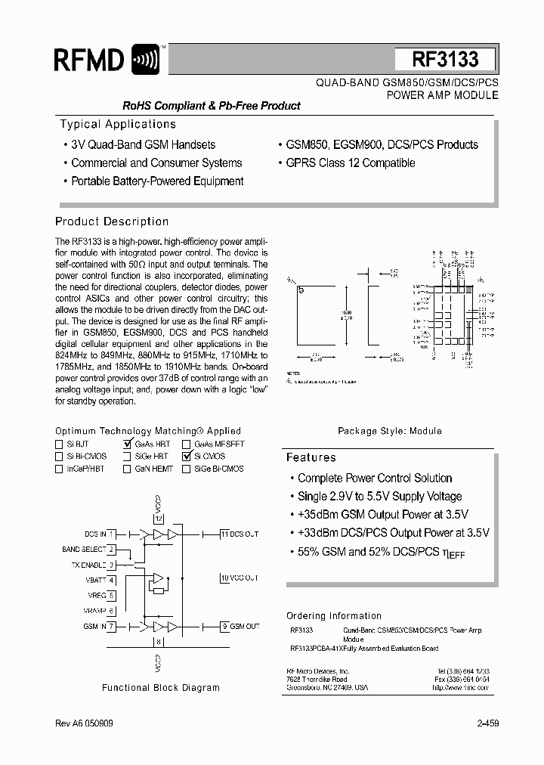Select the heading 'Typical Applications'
coord(118,124)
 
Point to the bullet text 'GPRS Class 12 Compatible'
coord(350,163)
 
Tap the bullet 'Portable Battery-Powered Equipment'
coord(156,181)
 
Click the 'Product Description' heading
coord(112,221)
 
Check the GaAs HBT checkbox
coord(127,444)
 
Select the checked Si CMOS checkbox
coord(186,457)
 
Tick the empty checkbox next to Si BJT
coord(59,444)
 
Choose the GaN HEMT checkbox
coord(127,469)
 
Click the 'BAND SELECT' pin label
coord(84,550)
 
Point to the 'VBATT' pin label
coord(95,580)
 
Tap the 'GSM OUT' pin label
coord(245,626)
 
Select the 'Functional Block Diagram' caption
coord(161,688)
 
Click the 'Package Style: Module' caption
coord(390,431)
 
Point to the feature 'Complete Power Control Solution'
coord(375,478)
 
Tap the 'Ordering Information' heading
coord(334,615)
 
